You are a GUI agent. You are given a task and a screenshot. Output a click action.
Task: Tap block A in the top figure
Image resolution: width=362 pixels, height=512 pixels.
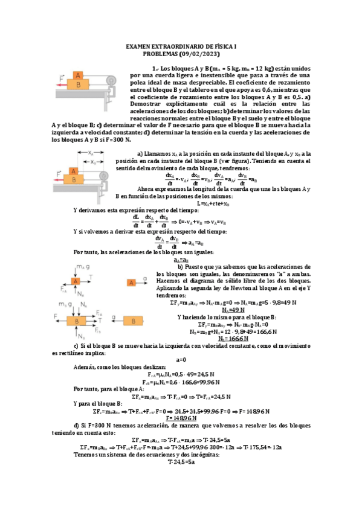[77, 75]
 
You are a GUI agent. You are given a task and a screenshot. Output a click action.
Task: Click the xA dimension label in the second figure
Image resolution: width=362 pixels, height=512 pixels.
[77, 161]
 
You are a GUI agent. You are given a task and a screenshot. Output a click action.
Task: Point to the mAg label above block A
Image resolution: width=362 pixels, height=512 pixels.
[83, 267]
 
